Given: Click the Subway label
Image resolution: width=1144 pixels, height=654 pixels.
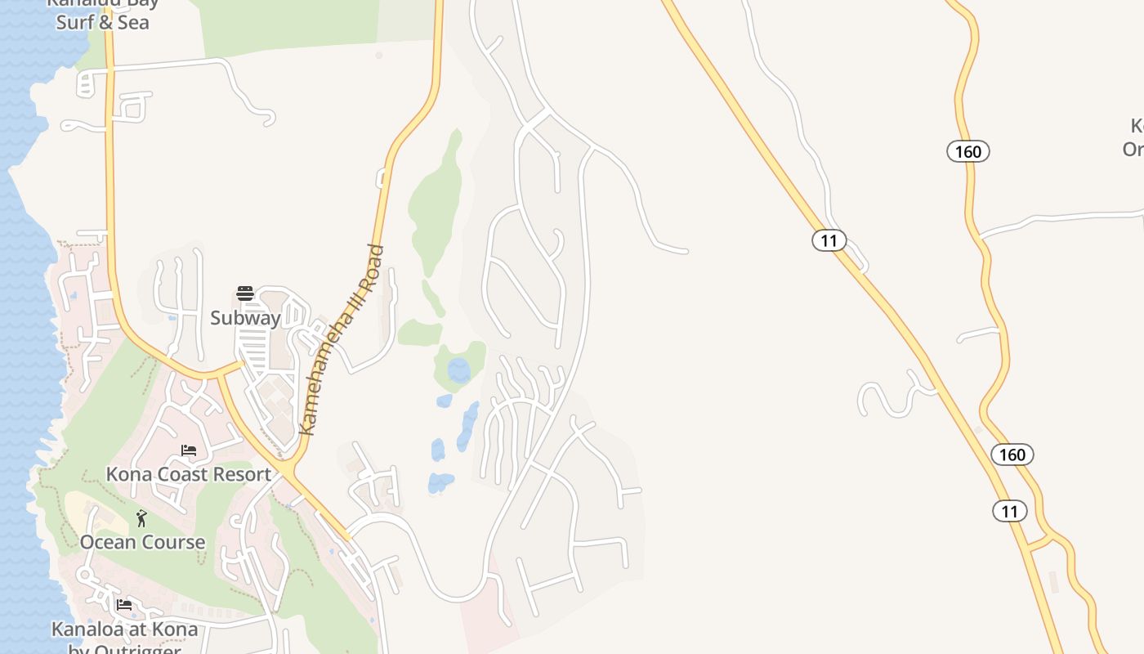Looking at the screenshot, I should pyautogui.click(x=245, y=318).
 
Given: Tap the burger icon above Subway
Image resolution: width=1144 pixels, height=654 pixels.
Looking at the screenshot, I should pyautogui.click(x=245, y=293).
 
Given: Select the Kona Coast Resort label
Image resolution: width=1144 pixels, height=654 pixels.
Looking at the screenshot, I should pyautogui.click(x=188, y=474).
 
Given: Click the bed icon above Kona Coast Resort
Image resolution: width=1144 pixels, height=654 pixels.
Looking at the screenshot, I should pyautogui.click(x=189, y=450).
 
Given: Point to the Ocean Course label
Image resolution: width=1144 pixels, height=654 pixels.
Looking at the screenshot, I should pyautogui.click(x=142, y=542).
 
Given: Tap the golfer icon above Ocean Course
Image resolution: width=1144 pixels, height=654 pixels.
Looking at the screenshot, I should pyautogui.click(x=141, y=518).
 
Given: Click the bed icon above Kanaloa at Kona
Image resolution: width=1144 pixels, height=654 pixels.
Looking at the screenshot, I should pyautogui.click(x=124, y=605).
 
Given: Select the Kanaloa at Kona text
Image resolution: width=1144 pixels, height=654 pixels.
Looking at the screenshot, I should pyautogui.click(x=124, y=629).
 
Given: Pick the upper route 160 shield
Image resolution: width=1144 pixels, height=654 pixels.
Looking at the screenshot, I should pyautogui.click(x=968, y=151).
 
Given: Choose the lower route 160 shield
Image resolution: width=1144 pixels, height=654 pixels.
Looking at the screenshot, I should pyautogui.click(x=1012, y=455).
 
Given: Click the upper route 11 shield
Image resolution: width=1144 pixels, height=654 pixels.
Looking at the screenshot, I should pyautogui.click(x=829, y=240).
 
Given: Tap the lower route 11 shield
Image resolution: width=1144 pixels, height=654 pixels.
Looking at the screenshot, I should pyautogui.click(x=1010, y=512).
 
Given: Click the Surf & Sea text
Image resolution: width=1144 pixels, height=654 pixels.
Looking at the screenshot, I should pyautogui.click(x=102, y=22).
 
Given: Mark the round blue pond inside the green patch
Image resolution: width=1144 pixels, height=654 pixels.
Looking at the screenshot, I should pyautogui.click(x=459, y=370).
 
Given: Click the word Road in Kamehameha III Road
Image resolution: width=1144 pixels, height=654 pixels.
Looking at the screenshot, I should pyautogui.click(x=368, y=274).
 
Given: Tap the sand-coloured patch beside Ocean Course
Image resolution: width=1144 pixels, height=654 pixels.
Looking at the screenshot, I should pyautogui.click(x=90, y=511).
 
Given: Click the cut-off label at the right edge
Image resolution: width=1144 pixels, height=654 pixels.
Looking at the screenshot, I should pyautogui.click(x=1134, y=137).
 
